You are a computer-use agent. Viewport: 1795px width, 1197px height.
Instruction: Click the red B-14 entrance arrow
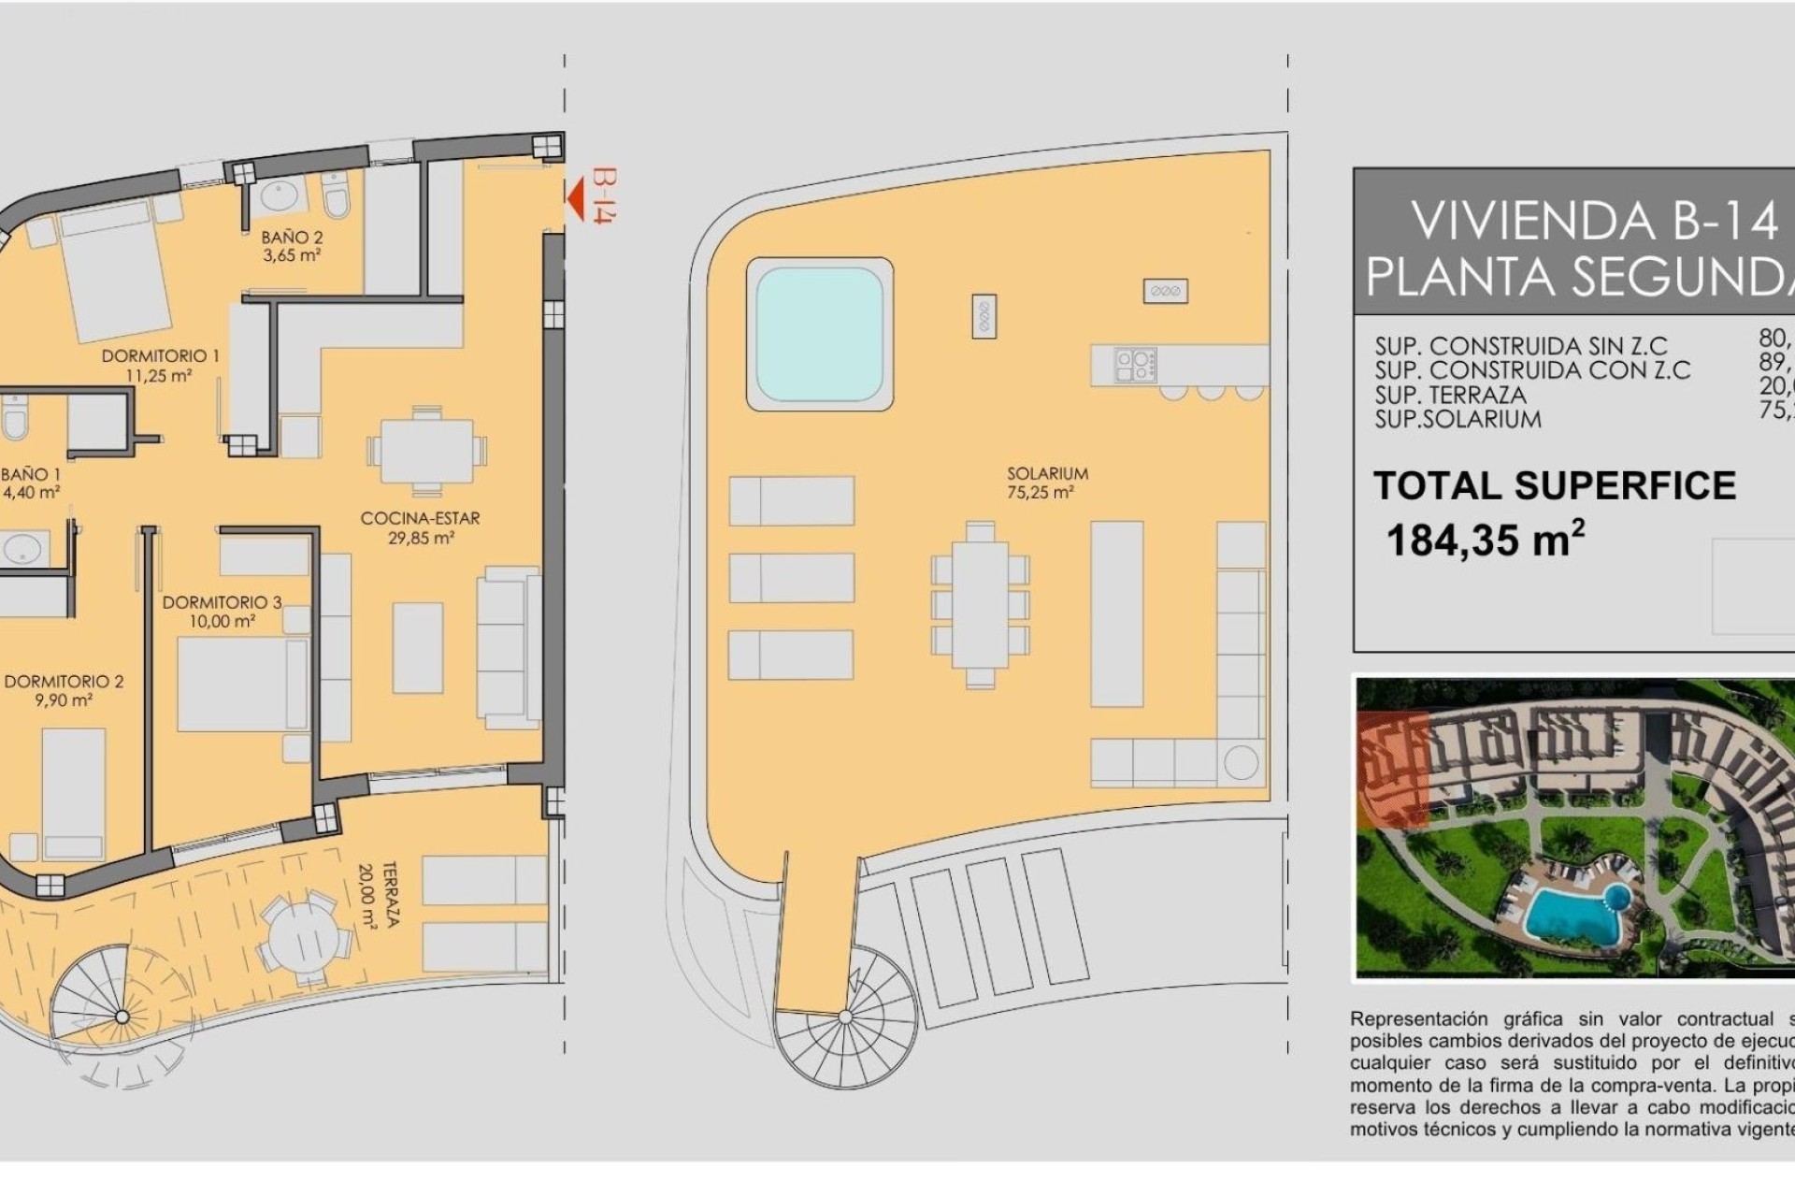pos(577,197)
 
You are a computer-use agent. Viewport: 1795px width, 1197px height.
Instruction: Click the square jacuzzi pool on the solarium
pos(819,335)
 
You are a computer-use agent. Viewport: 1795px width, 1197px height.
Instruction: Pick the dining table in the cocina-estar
pos(427,451)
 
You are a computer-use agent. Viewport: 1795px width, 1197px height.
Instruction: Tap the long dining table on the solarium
pos(980,605)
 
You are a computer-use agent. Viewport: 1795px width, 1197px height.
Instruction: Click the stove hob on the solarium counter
pos(1136,365)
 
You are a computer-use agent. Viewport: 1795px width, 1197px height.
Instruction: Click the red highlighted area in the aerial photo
pos(1391,769)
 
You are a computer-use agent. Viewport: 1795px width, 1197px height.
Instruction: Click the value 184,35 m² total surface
pos(1485,540)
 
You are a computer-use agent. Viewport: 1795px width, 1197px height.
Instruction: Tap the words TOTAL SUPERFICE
pos(1554,485)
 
